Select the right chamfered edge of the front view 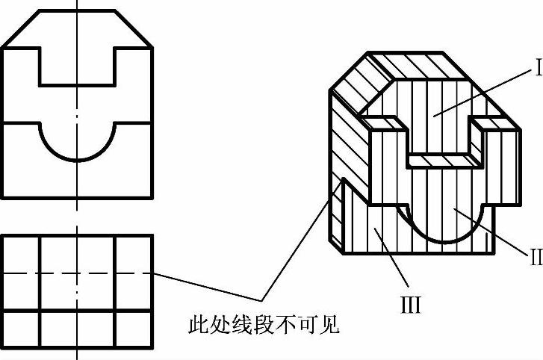click(134, 29)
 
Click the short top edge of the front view click(76, 10)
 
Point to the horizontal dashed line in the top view click(77, 273)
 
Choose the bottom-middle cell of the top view click(77, 329)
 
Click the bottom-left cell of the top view click(21, 329)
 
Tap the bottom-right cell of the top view click(134, 329)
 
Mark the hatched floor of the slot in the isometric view click(441, 159)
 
